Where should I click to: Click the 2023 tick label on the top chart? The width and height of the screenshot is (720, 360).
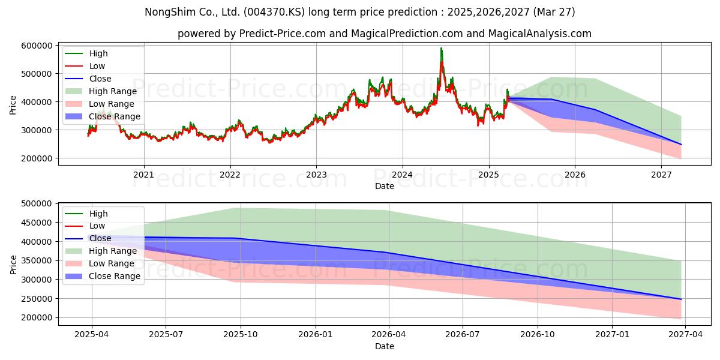[316, 175]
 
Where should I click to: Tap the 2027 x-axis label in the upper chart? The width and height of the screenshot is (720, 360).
[661, 175]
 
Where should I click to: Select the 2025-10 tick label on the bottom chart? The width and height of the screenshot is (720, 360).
[241, 335]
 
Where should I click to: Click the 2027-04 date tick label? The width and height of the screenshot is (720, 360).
[686, 335]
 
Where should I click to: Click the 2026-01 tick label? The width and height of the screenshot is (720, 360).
[316, 335]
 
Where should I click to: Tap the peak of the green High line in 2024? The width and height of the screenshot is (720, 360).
[441, 48]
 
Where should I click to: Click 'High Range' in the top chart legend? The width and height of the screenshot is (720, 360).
[113, 91]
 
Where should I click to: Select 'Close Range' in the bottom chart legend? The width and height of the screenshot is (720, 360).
[115, 276]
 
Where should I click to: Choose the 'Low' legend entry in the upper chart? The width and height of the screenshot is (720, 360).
[97, 66]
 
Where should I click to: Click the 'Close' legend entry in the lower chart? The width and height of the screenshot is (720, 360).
[100, 238]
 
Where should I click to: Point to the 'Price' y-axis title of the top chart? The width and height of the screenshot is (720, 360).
[13, 105]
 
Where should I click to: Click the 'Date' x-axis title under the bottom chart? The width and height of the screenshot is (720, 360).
[385, 346]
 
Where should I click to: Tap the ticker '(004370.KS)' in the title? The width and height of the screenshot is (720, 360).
[274, 12]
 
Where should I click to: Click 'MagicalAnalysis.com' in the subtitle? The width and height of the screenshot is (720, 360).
[539, 34]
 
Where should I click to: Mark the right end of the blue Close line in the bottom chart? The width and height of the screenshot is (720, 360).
[681, 299]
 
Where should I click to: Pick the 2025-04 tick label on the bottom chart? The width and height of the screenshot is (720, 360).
[92, 335]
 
